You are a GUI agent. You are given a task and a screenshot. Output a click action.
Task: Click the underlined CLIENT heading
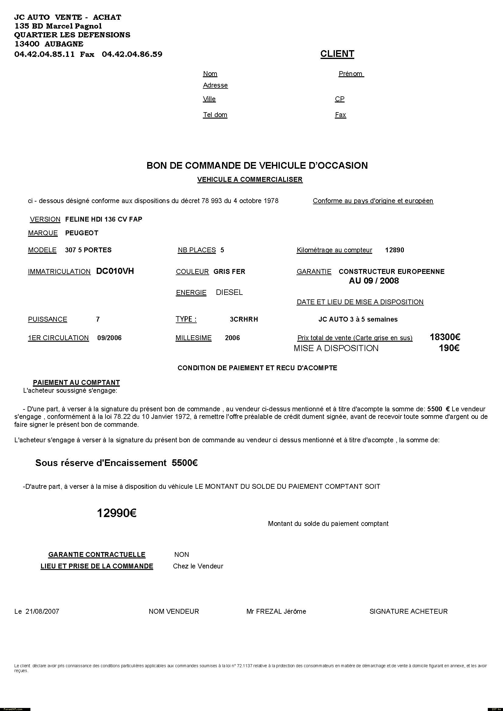[337, 54]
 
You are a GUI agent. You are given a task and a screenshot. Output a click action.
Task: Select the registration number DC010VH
[115, 271]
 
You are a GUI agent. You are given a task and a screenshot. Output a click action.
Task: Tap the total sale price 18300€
[445, 337]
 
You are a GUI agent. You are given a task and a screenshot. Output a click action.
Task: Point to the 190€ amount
[449, 348]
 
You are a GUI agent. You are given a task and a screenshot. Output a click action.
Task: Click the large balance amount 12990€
[117, 513]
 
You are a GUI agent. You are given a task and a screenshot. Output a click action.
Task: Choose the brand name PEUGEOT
[82, 233]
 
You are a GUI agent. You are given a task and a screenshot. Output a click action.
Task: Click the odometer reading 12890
[394, 250]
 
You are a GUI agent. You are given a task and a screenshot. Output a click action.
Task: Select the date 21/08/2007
[42, 611]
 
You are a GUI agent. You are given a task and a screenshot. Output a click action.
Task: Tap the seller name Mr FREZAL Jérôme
[276, 611]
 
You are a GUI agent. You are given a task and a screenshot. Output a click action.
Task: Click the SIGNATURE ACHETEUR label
[408, 611]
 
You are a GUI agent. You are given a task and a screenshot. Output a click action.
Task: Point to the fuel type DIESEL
[229, 292]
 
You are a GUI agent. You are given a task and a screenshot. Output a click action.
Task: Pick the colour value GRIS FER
[229, 271]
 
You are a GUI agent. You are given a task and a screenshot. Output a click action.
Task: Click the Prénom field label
[351, 74]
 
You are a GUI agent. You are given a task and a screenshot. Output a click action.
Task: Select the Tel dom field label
[215, 115]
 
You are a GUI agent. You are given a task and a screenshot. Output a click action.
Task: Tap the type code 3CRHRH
[244, 319]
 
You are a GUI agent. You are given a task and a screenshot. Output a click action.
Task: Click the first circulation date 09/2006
[109, 338]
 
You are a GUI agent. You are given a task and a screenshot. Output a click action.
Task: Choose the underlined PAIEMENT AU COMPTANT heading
[76, 382]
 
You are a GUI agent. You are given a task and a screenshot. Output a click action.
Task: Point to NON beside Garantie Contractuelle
[182, 555]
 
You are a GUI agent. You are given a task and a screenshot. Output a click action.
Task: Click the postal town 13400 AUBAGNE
[49, 44]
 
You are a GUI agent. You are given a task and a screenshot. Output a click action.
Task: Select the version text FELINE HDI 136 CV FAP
[104, 219]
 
